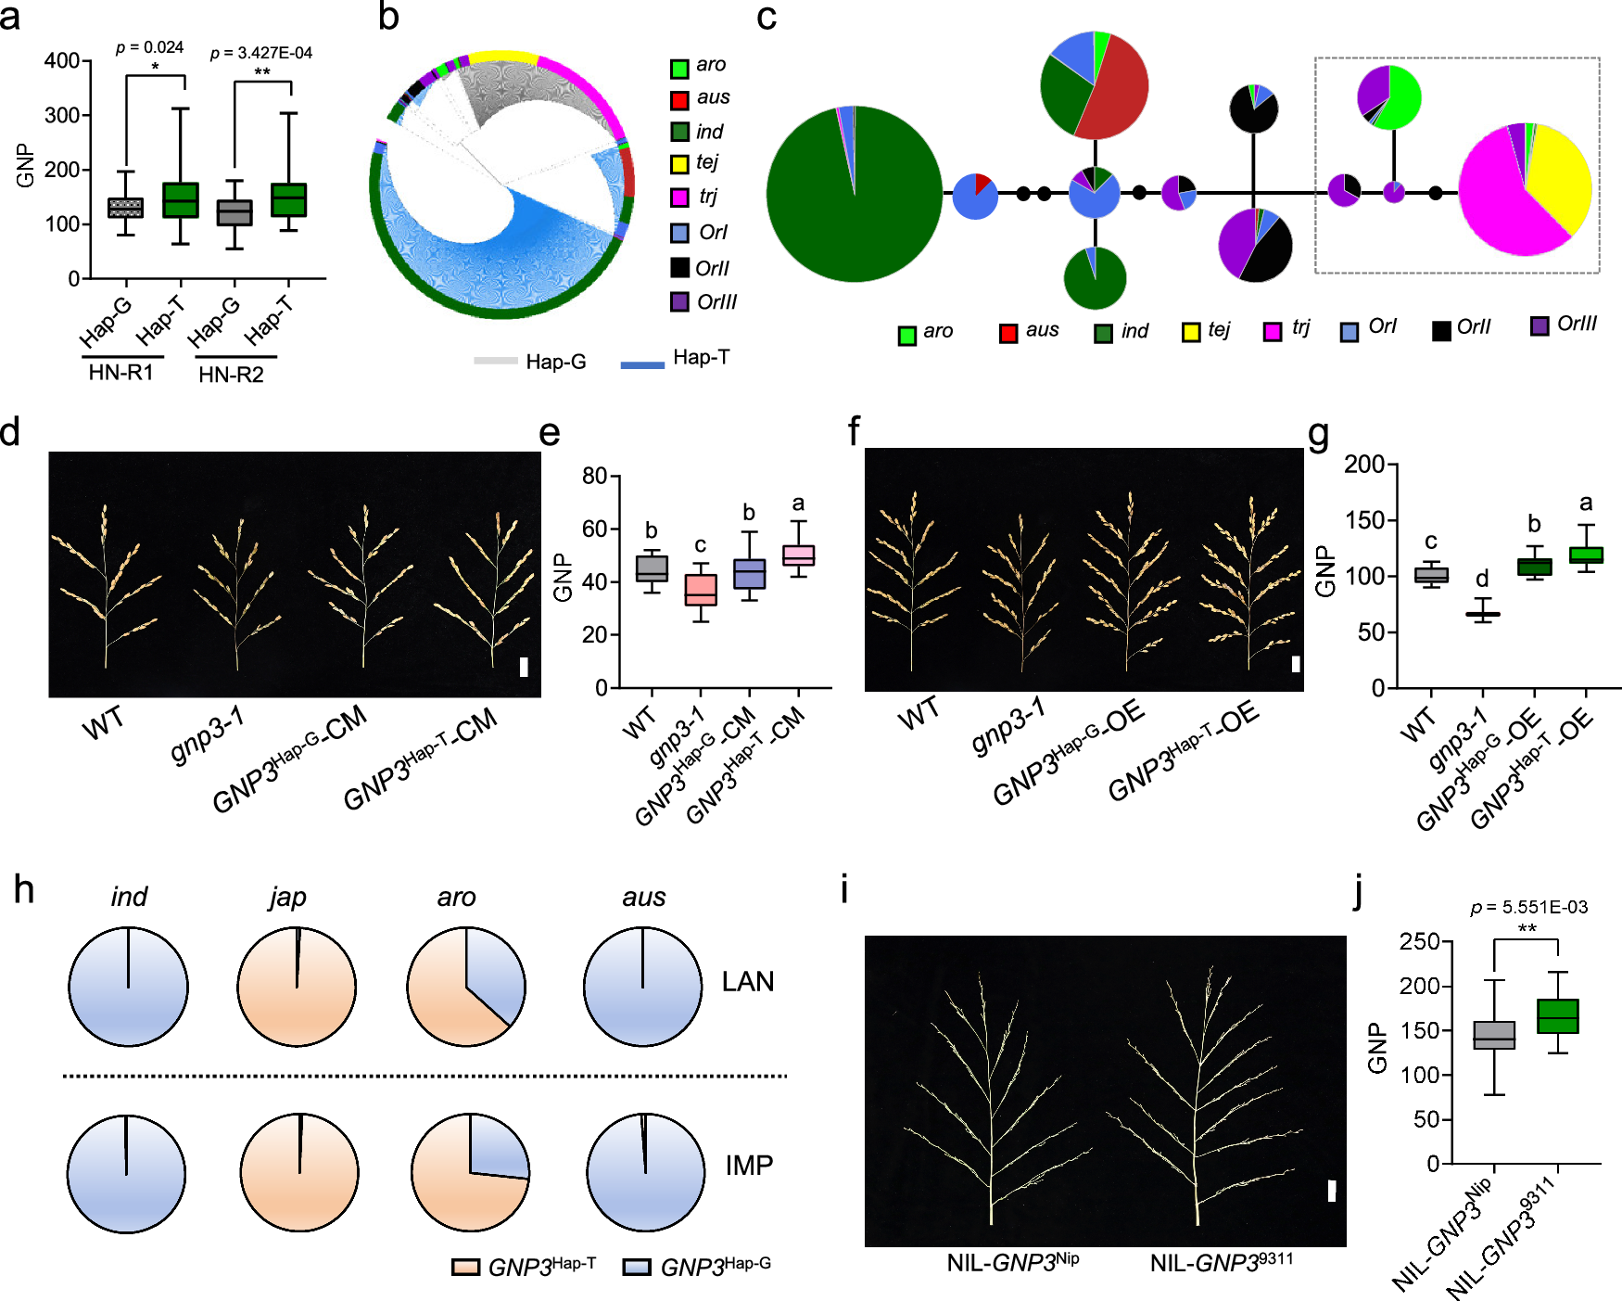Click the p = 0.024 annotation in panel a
tap(149, 47)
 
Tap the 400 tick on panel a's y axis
tap(62, 61)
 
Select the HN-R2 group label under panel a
tap(231, 375)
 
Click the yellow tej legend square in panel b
tap(679, 165)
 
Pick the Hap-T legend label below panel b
tap(701, 358)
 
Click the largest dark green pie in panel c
tap(854, 194)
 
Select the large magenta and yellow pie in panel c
tap(1525, 188)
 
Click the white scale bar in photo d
tap(524, 666)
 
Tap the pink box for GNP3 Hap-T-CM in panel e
tap(798, 555)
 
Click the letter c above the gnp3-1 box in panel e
tap(701, 545)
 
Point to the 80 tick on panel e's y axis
tap(594, 477)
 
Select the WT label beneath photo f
tap(918, 714)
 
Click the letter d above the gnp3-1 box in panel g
tap(1482, 579)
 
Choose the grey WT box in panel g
tap(1431, 575)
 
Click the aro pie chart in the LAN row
tap(466, 986)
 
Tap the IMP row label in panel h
tap(749, 1165)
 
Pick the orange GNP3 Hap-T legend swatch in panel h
tap(465, 1267)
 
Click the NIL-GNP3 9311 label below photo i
tap(1221, 1262)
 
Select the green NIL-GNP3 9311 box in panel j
tap(1557, 1016)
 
